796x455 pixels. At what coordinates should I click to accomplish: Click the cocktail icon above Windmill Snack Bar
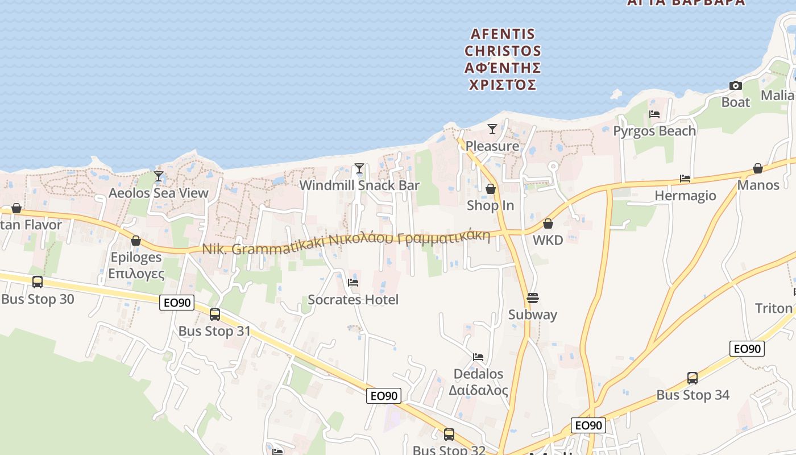(x=359, y=168)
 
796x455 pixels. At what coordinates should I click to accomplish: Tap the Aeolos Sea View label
(x=159, y=193)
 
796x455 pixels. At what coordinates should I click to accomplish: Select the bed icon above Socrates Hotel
(x=353, y=282)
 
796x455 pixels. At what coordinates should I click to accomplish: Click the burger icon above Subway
(x=533, y=297)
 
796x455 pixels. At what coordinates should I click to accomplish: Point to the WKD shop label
(x=548, y=240)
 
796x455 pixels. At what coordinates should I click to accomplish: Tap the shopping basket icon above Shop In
(x=490, y=189)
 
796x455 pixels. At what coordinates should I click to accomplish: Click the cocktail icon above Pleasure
(x=492, y=129)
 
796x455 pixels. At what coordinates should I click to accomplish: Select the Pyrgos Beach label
(x=654, y=131)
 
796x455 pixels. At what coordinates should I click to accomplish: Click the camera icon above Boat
(x=736, y=86)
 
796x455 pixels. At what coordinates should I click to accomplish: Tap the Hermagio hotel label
(x=685, y=196)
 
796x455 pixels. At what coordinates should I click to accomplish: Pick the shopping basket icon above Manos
(x=758, y=169)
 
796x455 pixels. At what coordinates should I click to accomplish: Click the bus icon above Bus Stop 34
(x=693, y=378)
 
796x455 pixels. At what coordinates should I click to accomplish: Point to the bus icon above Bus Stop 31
(x=215, y=315)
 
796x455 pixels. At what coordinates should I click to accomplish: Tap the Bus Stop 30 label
(x=38, y=299)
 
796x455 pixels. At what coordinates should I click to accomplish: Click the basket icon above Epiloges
(x=135, y=241)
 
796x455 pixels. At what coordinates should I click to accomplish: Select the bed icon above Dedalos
(x=478, y=357)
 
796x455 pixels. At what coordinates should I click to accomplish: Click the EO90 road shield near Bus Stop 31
(x=177, y=303)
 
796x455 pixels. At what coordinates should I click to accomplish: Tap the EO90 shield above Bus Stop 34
(x=747, y=349)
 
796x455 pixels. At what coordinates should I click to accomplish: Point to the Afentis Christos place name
(x=503, y=60)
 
